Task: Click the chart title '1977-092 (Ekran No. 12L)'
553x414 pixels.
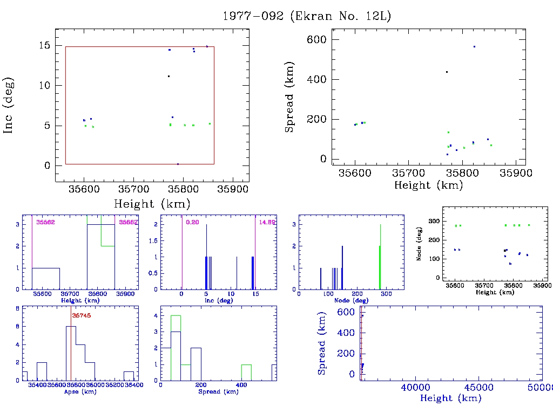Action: click(307, 16)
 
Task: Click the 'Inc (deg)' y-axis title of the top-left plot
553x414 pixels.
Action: click(9, 105)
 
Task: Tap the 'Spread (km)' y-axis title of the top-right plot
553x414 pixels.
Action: click(290, 105)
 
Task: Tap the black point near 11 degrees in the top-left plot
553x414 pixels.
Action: click(168, 76)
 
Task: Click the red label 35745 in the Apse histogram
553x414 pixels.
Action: click(80, 316)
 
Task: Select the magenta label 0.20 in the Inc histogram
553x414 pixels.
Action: click(192, 222)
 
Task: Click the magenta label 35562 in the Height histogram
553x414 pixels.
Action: click(45, 222)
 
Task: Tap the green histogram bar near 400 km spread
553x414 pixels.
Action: click(246, 372)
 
